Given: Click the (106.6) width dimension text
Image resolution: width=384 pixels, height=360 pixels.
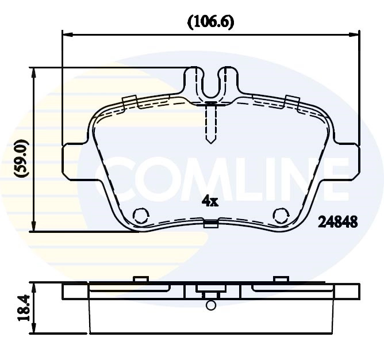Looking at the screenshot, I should [210, 22].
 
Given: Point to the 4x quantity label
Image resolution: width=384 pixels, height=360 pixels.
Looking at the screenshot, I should [210, 201].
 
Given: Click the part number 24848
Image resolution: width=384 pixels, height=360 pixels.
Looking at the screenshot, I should [338, 222].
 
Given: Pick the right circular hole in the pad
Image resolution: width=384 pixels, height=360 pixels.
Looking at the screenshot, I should [281, 215].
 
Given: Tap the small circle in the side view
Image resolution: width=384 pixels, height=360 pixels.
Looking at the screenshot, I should [210, 305].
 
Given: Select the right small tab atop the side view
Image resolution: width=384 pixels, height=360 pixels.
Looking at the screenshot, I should [281, 279].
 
